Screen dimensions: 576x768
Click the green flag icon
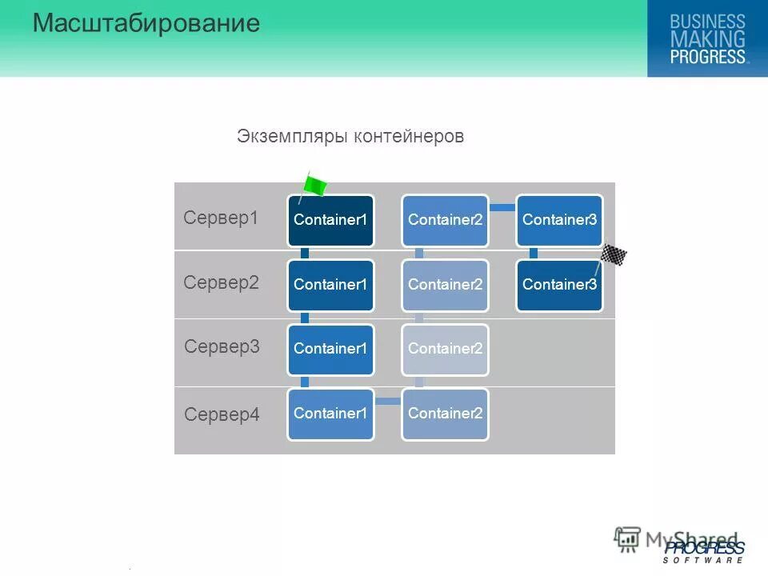click(x=314, y=186)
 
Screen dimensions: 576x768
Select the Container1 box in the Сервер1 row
click(x=331, y=220)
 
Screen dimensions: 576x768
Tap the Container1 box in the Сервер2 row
click(x=331, y=285)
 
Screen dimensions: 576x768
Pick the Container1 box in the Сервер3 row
click(x=331, y=349)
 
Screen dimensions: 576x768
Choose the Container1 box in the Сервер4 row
click(x=331, y=414)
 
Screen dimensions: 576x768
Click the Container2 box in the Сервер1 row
click(x=445, y=220)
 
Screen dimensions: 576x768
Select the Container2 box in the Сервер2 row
click(x=445, y=285)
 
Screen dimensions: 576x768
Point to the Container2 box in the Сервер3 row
click(x=445, y=349)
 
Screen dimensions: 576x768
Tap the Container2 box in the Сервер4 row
click(x=445, y=414)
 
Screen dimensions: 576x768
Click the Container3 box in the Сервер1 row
click(x=559, y=220)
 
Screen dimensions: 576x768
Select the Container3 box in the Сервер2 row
click(x=559, y=285)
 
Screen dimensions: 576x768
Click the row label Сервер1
click(x=221, y=218)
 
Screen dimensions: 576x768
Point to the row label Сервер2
click(x=221, y=282)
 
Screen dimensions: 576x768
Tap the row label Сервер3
click(x=222, y=346)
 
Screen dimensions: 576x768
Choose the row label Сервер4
click(x=222, y=414)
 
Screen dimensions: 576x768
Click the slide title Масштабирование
click(x=146, y=23)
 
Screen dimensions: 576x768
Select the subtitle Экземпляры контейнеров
click(x=350, y=137)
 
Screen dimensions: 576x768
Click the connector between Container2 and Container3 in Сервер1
click(x=502, y=208)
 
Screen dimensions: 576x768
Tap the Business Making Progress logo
click(x=707, y=38)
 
